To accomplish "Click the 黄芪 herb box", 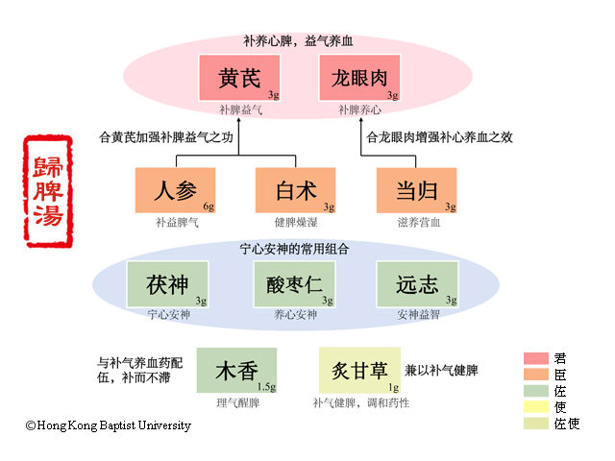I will tap(239, 78).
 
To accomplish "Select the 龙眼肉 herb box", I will tap(359, 78).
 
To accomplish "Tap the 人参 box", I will tap(175, 190).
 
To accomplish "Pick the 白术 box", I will tap(295, 190).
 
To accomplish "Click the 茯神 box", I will tap(167, 284).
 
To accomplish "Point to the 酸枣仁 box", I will tap(295, 284).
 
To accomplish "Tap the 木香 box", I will tap(236, 370).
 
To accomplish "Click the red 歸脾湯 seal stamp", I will tap(47, 192).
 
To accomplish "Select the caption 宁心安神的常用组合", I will tap(294, 249).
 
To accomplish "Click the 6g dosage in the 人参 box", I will tap(208, 206).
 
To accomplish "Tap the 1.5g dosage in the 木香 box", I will tap(266, 386).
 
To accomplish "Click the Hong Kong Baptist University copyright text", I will tap(108, 425).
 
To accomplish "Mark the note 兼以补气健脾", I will tap(441, 370).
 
